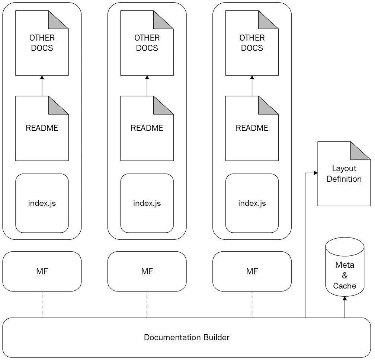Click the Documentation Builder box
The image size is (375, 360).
click(187, 338)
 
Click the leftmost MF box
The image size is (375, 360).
click(42, 271)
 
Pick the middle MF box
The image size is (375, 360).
click(147, 271)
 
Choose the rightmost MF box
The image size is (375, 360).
click(252, 271)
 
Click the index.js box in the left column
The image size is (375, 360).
click(42, 203)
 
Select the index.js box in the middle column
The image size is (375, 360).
click(147, 203)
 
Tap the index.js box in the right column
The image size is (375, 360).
click(252, 203)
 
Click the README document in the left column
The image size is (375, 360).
click(42, 128)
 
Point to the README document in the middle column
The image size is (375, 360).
click(147, 128)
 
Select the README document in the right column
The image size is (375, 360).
click(252, 128)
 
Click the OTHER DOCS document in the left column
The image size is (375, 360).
click(42, 43)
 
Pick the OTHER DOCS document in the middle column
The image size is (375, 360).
click(147, 43)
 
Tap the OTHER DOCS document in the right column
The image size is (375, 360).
click(252, 43)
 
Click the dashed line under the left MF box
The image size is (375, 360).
click(42, 305)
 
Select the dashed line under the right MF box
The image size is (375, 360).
click(252, 305)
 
